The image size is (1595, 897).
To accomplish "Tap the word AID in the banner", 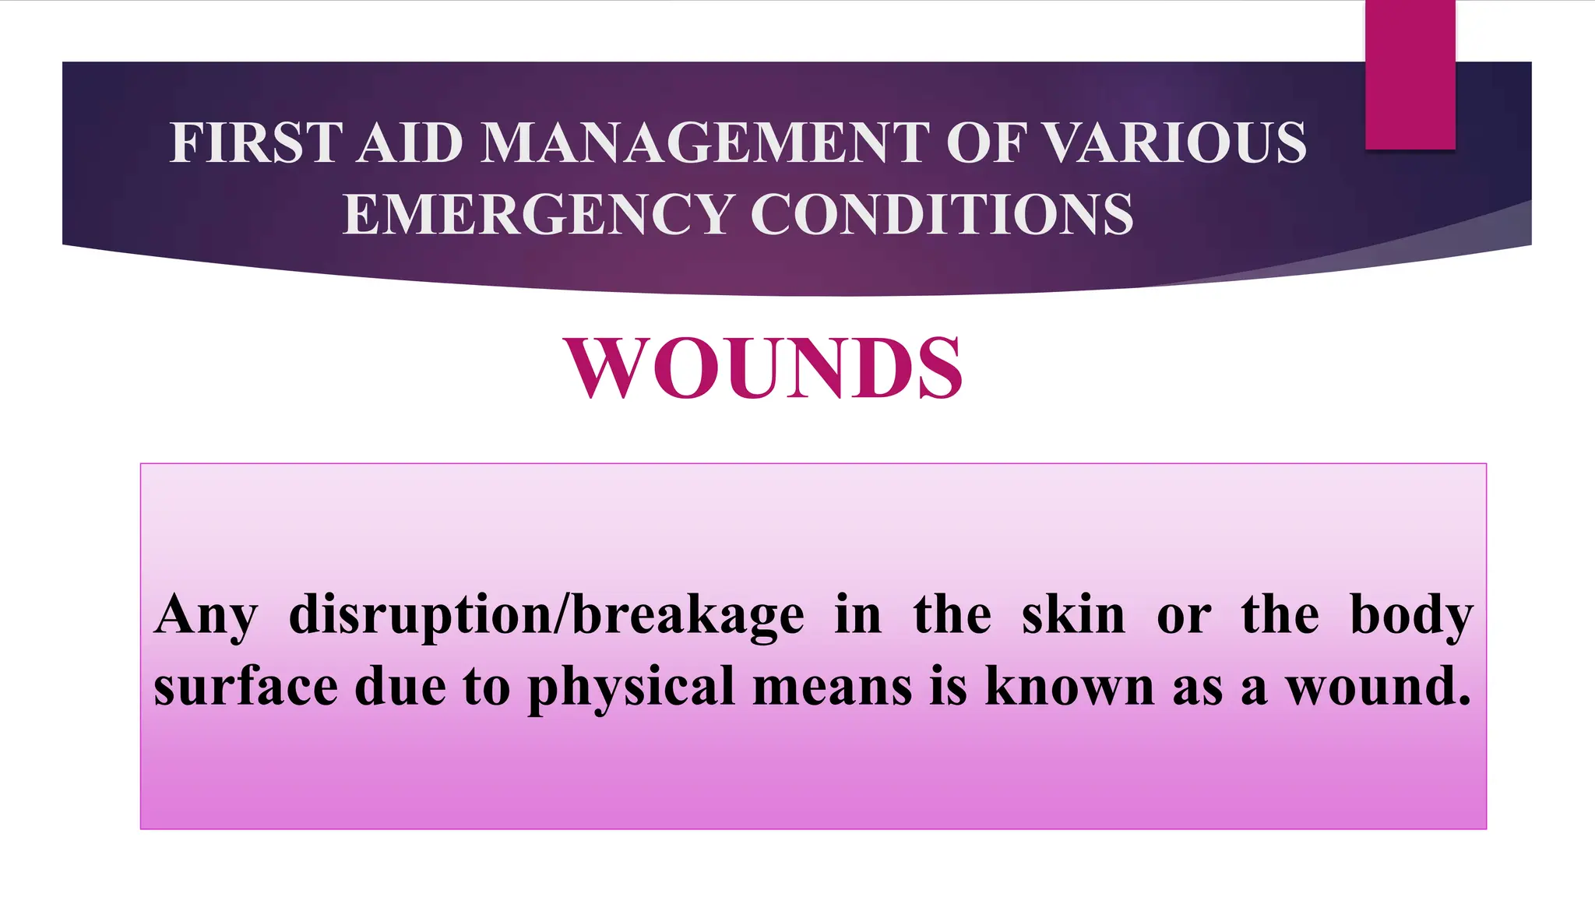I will click(410, 143).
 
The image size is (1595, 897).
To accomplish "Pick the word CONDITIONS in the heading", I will click(942, 214).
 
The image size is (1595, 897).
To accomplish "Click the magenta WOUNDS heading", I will click(764, 368).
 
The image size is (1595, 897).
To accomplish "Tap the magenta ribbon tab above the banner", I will click(1410, 75).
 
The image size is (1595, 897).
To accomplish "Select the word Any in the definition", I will click(205, 616).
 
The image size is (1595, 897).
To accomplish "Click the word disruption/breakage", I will click(546, 616).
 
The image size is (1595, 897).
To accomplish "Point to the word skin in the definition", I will click(1073, 616).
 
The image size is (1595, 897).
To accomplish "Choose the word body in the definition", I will click(1410, 616).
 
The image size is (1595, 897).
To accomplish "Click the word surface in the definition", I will click(246, 687).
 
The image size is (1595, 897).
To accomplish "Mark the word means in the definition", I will click(833, 687).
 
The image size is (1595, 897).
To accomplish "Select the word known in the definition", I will click(1069, 687).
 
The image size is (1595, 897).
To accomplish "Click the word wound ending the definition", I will click(1376, 687).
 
